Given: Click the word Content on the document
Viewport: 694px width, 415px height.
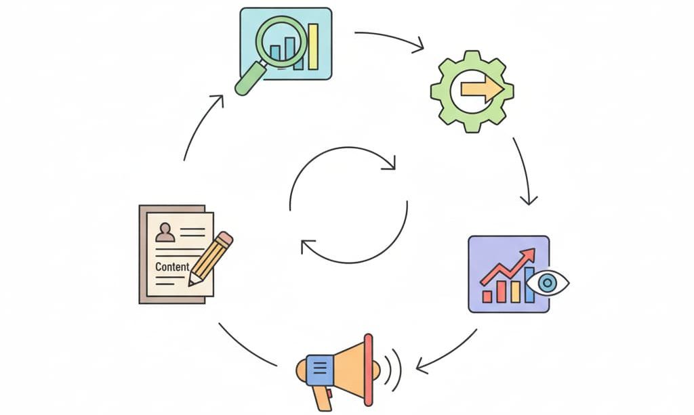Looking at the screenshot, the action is (172, 267).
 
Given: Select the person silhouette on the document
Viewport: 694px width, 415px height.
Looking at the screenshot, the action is (165, 232).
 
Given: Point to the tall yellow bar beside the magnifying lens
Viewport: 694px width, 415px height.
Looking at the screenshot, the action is (313, 47).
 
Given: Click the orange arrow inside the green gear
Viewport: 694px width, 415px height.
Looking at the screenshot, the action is (482, 90).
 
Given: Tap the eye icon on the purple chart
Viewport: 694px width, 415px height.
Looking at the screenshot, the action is (548, 283).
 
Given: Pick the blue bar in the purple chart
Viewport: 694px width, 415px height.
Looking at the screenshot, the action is (529, 285).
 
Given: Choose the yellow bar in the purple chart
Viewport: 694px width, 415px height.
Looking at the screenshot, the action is (515, 292).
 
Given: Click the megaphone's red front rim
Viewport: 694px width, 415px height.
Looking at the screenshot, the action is (368, 370).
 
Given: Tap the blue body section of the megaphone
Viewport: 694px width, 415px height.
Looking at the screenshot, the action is (320, 370).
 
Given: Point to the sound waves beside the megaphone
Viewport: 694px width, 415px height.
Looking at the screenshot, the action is (393, 370).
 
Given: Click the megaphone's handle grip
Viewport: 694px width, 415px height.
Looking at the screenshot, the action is (322, 399).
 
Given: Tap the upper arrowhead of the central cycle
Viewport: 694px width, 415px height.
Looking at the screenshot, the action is (389, 163).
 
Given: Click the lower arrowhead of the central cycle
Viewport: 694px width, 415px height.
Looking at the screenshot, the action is (307, 246).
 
